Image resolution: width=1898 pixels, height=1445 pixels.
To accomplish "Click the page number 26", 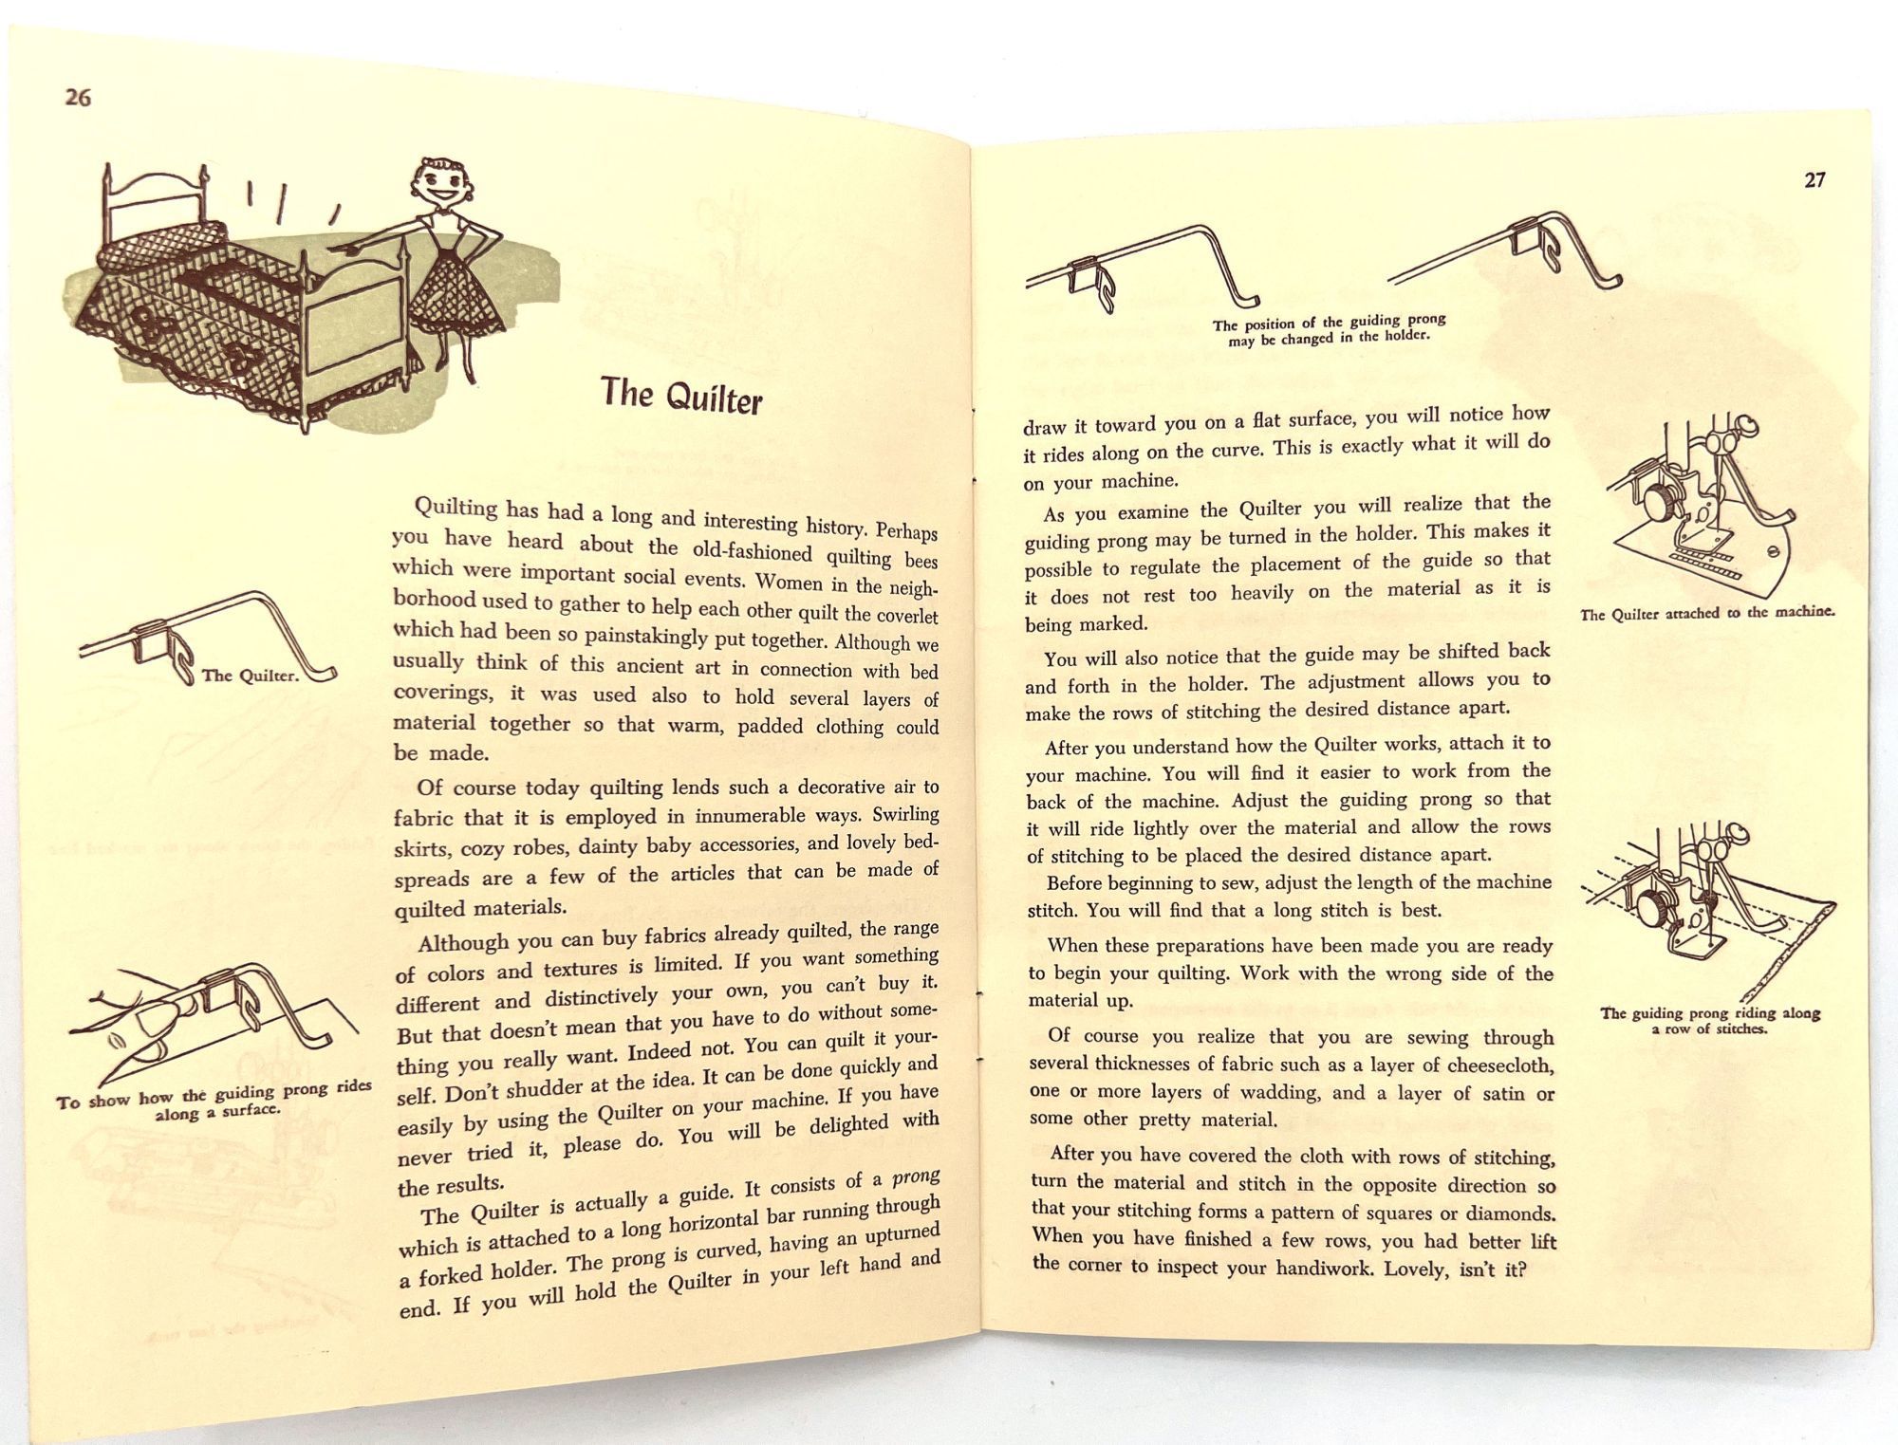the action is click(x=78, y=97).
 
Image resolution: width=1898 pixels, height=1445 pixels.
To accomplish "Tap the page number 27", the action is click(x=1814, y=180).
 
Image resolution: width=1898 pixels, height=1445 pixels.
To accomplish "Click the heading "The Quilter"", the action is click(x=681, y=395).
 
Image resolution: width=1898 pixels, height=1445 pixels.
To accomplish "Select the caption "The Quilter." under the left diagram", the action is click(x=251, y=676).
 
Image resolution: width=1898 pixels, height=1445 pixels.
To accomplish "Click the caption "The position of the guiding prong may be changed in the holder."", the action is click(x=1329, y=330).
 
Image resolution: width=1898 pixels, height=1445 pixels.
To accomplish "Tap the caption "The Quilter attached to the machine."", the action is click(x=1707, y=613).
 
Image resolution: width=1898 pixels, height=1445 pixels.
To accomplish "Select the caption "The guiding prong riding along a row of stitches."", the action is click(x=1710, y=1020).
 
